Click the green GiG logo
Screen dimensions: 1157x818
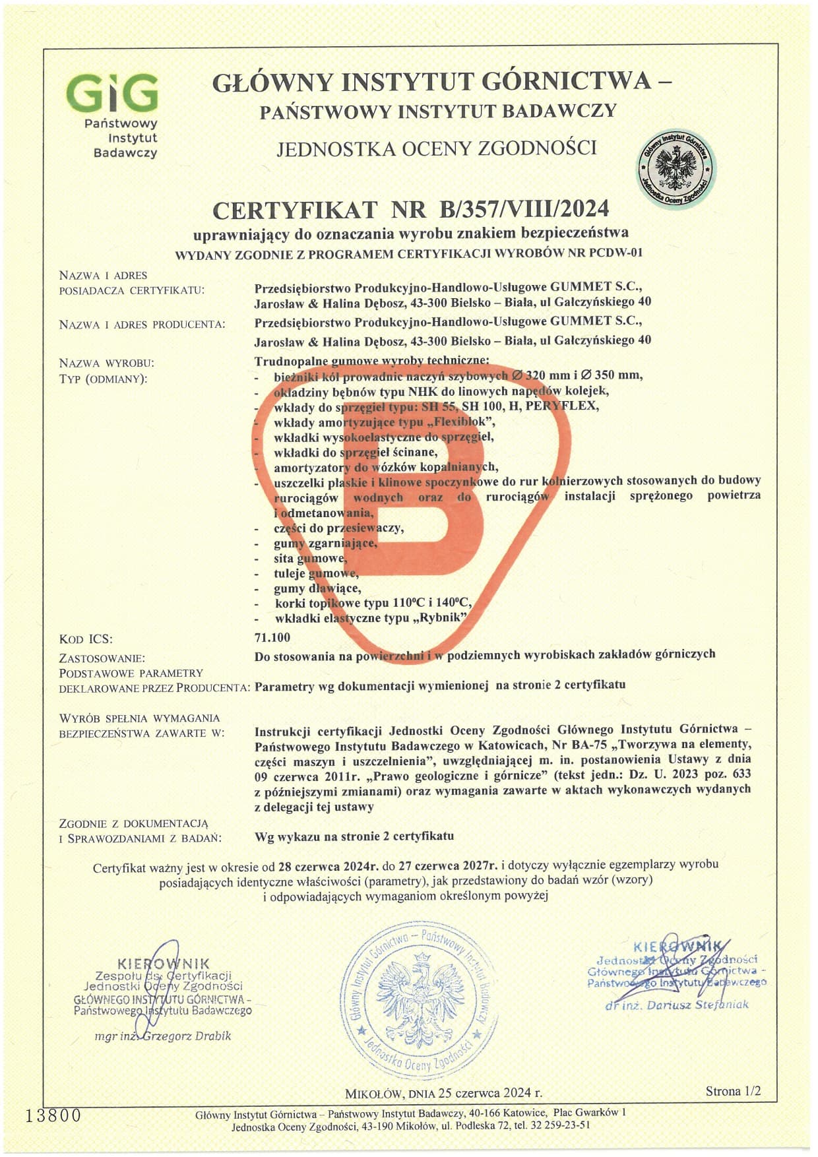coord(113,93)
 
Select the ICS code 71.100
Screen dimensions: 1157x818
coord(272,637)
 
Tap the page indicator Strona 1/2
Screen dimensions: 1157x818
coord(732,1091)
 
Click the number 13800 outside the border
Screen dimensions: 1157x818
coord(53,1115)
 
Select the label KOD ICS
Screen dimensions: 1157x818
coord(86,639)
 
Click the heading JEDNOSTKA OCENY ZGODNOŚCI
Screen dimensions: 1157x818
coord(436,148)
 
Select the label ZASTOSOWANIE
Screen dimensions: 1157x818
coord(102,658)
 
